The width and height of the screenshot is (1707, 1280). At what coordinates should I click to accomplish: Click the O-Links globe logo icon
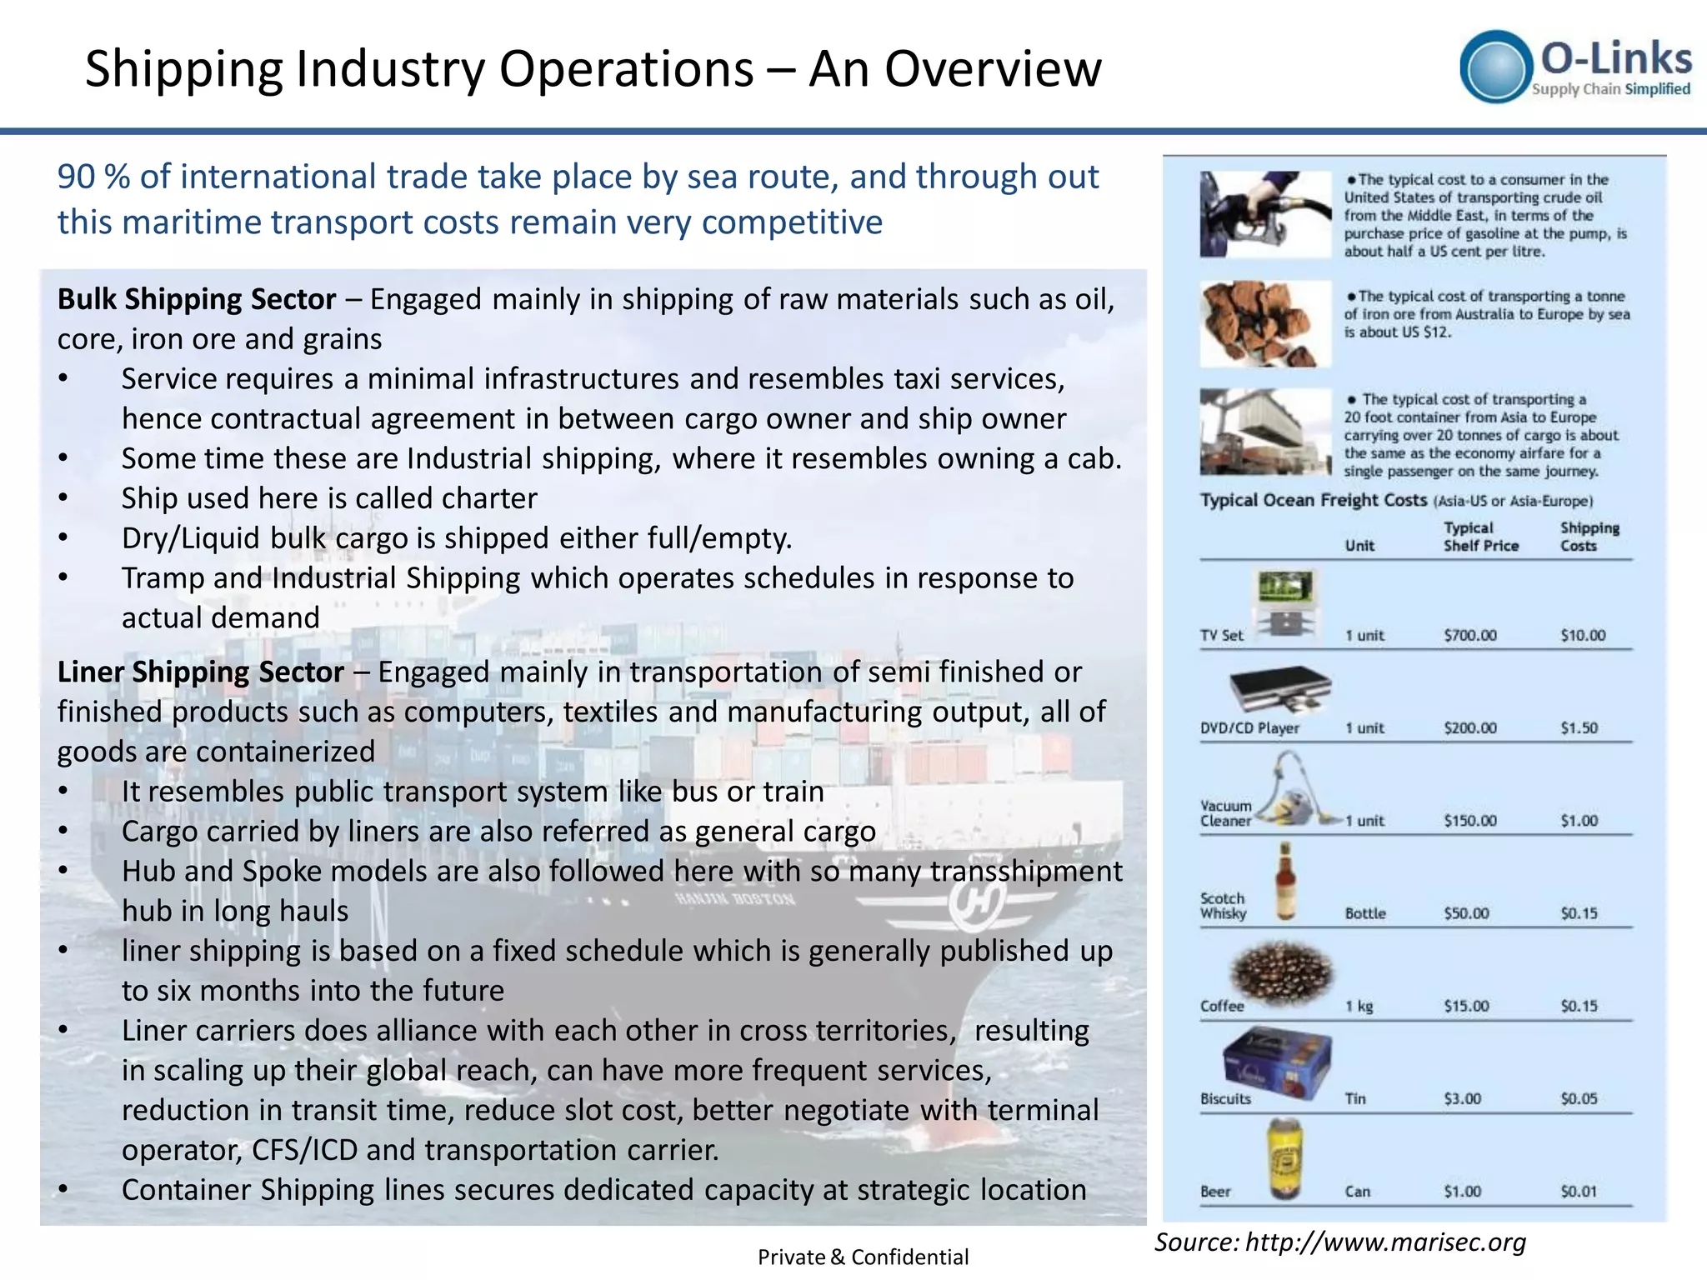point(1496,67)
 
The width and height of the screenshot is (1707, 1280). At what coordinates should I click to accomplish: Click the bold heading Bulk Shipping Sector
point(197,299)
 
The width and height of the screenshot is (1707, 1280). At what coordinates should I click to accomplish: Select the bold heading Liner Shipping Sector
point(200,672)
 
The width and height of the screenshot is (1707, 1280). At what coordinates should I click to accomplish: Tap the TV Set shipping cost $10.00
point(1583,635)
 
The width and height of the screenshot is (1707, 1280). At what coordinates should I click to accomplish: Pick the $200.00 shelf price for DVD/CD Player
point(1470,727)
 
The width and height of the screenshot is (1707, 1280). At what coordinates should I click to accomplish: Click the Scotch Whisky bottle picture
point(1286,882)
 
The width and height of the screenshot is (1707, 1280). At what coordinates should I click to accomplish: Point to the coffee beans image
point(1282,973)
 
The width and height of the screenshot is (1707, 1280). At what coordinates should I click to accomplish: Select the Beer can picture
point(1285,1158)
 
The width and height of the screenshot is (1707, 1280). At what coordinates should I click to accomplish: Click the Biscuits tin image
point(1277,1065)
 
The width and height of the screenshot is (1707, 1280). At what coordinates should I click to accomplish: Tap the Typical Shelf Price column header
point(1480,537)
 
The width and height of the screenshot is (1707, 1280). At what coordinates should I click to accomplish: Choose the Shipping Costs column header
point(1589,537)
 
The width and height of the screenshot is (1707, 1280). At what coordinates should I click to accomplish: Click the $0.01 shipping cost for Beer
point(1579,1192)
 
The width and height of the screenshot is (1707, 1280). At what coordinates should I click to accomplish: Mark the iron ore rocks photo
point(1264,324)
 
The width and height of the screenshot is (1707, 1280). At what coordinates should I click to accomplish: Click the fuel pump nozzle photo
point(1264,214)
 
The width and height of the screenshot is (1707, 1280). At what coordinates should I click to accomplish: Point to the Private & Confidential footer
point(863,1257)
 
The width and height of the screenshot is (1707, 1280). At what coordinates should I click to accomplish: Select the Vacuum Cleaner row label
point(1225,813)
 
